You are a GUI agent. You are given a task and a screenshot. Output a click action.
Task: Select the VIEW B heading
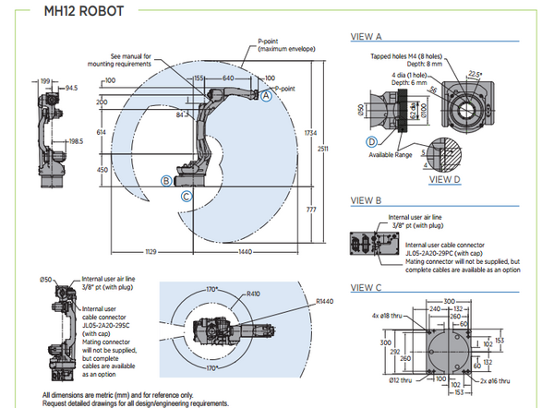pyautogui.click(x=367, y=200)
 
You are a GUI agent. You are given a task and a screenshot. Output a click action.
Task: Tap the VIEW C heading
pyautogui.click(x=367, y=287)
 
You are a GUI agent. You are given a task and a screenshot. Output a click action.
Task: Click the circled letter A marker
pyautogui.click(x=266, y=95)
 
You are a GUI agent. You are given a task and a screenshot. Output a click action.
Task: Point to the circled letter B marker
pyautogui.click(x=166, y=181)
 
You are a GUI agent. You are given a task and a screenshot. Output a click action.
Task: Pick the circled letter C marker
pyautogui.click(x=187, y=196)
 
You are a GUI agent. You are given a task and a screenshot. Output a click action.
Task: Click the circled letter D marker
pyautogui.click(x=371, y=141)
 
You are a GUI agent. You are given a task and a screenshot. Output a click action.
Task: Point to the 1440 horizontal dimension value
pyautogui.click(x=244, y=250)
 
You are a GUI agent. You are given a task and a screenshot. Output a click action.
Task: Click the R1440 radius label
pyautogui.click(x=324, y=300)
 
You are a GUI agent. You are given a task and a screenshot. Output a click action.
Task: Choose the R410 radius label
pyautogui.click(x=253, y=294)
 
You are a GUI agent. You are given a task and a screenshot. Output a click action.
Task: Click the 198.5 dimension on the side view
pyautogui.click(x=76, y=141)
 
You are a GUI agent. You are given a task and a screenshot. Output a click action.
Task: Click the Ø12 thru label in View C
pyautogui.click(x=400, y=380)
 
